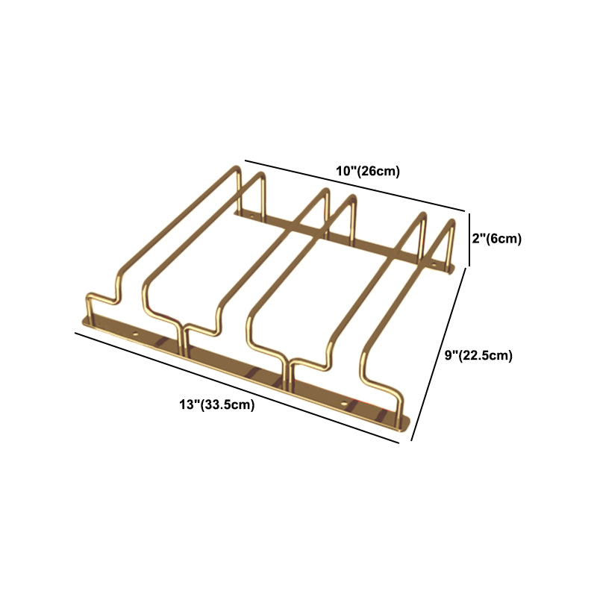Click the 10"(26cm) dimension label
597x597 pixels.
coord(368,172)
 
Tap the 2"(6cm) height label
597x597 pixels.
coord(497,239)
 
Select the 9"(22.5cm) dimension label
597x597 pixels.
coord(478,355)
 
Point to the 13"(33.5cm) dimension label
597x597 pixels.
coord(217,404)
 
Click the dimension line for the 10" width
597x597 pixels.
coord(355,185)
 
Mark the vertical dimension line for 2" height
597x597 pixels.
coord(469,240)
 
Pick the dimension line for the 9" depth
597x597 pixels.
coord(438,354)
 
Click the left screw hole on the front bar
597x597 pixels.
coord(135,334)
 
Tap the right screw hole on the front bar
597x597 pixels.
coord(344,404)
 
